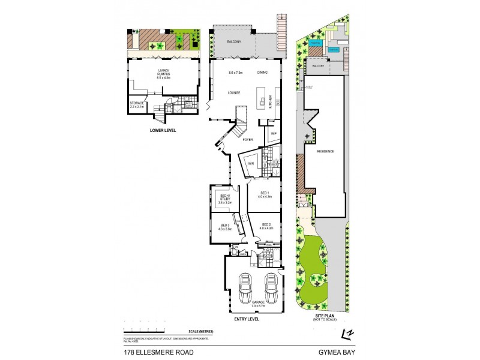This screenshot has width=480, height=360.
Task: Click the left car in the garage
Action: [245, 289]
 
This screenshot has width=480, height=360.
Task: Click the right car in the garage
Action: [271, 289]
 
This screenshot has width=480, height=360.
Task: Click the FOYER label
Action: [247, 139]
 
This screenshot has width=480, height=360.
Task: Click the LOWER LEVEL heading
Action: [162, 129]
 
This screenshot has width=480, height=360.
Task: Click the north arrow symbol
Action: [346, 334]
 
